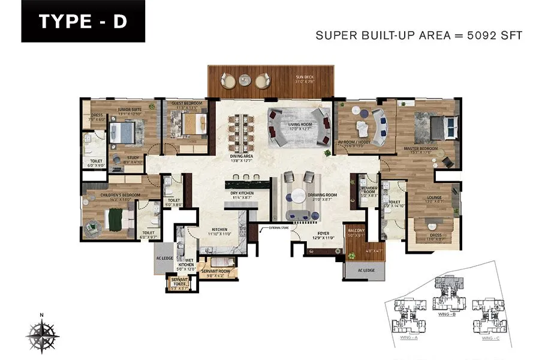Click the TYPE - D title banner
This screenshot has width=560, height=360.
[x=83, y=22]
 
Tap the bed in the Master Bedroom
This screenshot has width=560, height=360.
[x=447, y=128]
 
